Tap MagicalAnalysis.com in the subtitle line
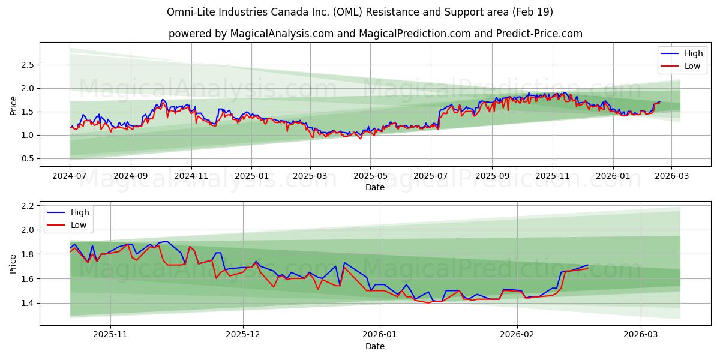pos(281,34)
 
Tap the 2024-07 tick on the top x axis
pos(70,176)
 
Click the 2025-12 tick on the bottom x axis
pos(243,335)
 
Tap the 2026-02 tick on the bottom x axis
pos(517,335)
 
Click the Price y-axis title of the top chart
pos(13,104)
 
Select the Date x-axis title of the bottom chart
pos(375,346)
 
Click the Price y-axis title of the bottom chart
pos(13,263)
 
